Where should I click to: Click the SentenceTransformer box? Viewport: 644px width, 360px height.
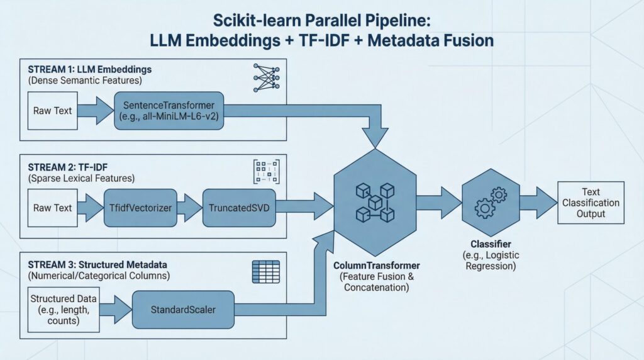(x=169, y=110)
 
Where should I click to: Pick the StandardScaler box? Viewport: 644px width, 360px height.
(x=183, y=309)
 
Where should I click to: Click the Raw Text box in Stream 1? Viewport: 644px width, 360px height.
(x=53, y=110)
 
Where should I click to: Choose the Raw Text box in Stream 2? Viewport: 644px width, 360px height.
(x=53, y=208)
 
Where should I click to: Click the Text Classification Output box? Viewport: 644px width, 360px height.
(x=591, y=203)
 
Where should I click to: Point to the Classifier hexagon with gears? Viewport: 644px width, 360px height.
(x=491, y=202)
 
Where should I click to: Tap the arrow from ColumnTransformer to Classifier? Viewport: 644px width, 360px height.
(x=438, y=202)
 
